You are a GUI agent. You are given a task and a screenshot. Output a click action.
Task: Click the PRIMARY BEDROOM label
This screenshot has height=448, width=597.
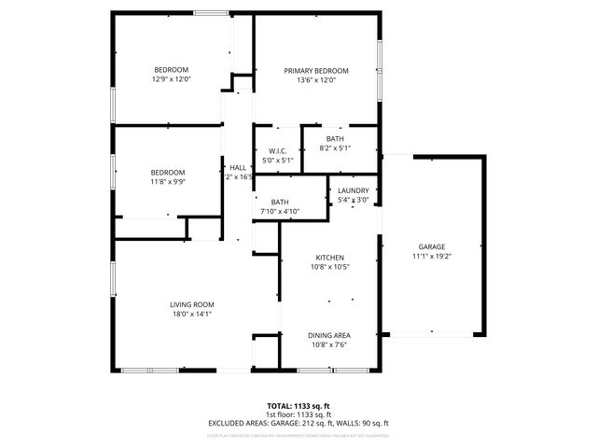pos(316,71)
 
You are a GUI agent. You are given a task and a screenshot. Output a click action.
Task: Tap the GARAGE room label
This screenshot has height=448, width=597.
pos(431,246)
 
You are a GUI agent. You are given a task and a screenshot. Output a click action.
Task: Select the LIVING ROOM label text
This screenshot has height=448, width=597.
pos(192,304)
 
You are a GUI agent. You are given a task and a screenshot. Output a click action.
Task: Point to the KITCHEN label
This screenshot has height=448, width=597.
pos(329,258)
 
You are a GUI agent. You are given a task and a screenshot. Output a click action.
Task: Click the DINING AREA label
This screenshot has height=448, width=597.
pos(329,334)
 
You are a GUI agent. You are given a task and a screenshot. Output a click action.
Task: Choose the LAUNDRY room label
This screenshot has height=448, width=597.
pos(354,190)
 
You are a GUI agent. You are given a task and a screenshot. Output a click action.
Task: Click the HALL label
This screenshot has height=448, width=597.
pos(238,167)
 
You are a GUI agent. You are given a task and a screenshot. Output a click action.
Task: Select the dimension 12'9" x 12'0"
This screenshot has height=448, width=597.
pos(172,79)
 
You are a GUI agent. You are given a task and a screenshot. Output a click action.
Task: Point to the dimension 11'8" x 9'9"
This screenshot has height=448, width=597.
pos(169,182)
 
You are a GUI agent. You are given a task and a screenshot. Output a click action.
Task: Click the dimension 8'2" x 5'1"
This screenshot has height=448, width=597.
pos(335,147)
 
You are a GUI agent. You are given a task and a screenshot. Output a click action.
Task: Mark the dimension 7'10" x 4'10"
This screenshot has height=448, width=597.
pos(280,212)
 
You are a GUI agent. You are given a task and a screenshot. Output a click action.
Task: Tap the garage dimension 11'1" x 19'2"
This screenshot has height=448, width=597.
pos(431,256)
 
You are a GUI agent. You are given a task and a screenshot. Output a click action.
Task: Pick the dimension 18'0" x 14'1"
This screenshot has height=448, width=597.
pos(192,314)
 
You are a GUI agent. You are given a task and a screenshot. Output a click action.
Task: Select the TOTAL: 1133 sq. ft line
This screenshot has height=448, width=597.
pos(299,406)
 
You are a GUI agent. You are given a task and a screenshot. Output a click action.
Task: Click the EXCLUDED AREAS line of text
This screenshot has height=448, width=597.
pos(298,423)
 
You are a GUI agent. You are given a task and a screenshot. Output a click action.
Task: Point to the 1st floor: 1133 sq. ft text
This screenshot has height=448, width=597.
pos(299,414)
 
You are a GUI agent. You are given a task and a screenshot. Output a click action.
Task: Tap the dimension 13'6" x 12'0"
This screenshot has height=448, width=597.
pos(316,80)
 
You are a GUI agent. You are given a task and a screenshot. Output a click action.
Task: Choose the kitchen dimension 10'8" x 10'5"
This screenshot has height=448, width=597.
pos(329,267)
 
